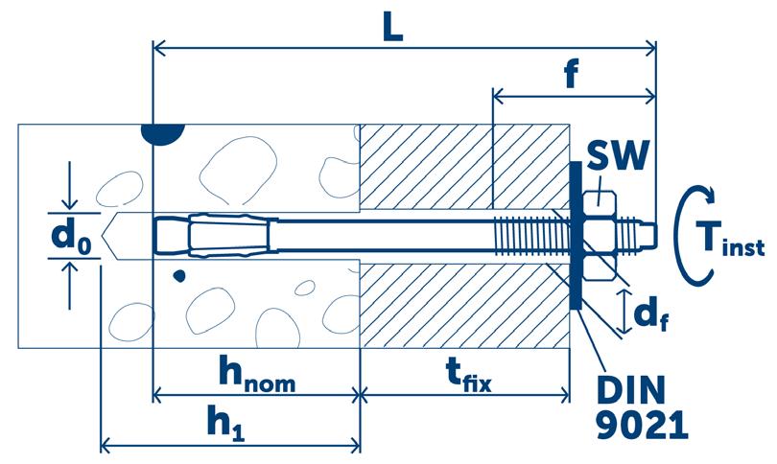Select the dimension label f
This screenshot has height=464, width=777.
coord(572,75)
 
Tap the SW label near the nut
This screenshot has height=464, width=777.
coord(614,159)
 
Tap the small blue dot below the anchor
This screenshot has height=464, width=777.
coord(177,278)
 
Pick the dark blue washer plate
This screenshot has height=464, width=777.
coord(574,236)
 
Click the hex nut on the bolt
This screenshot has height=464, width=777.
coord(599,236)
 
